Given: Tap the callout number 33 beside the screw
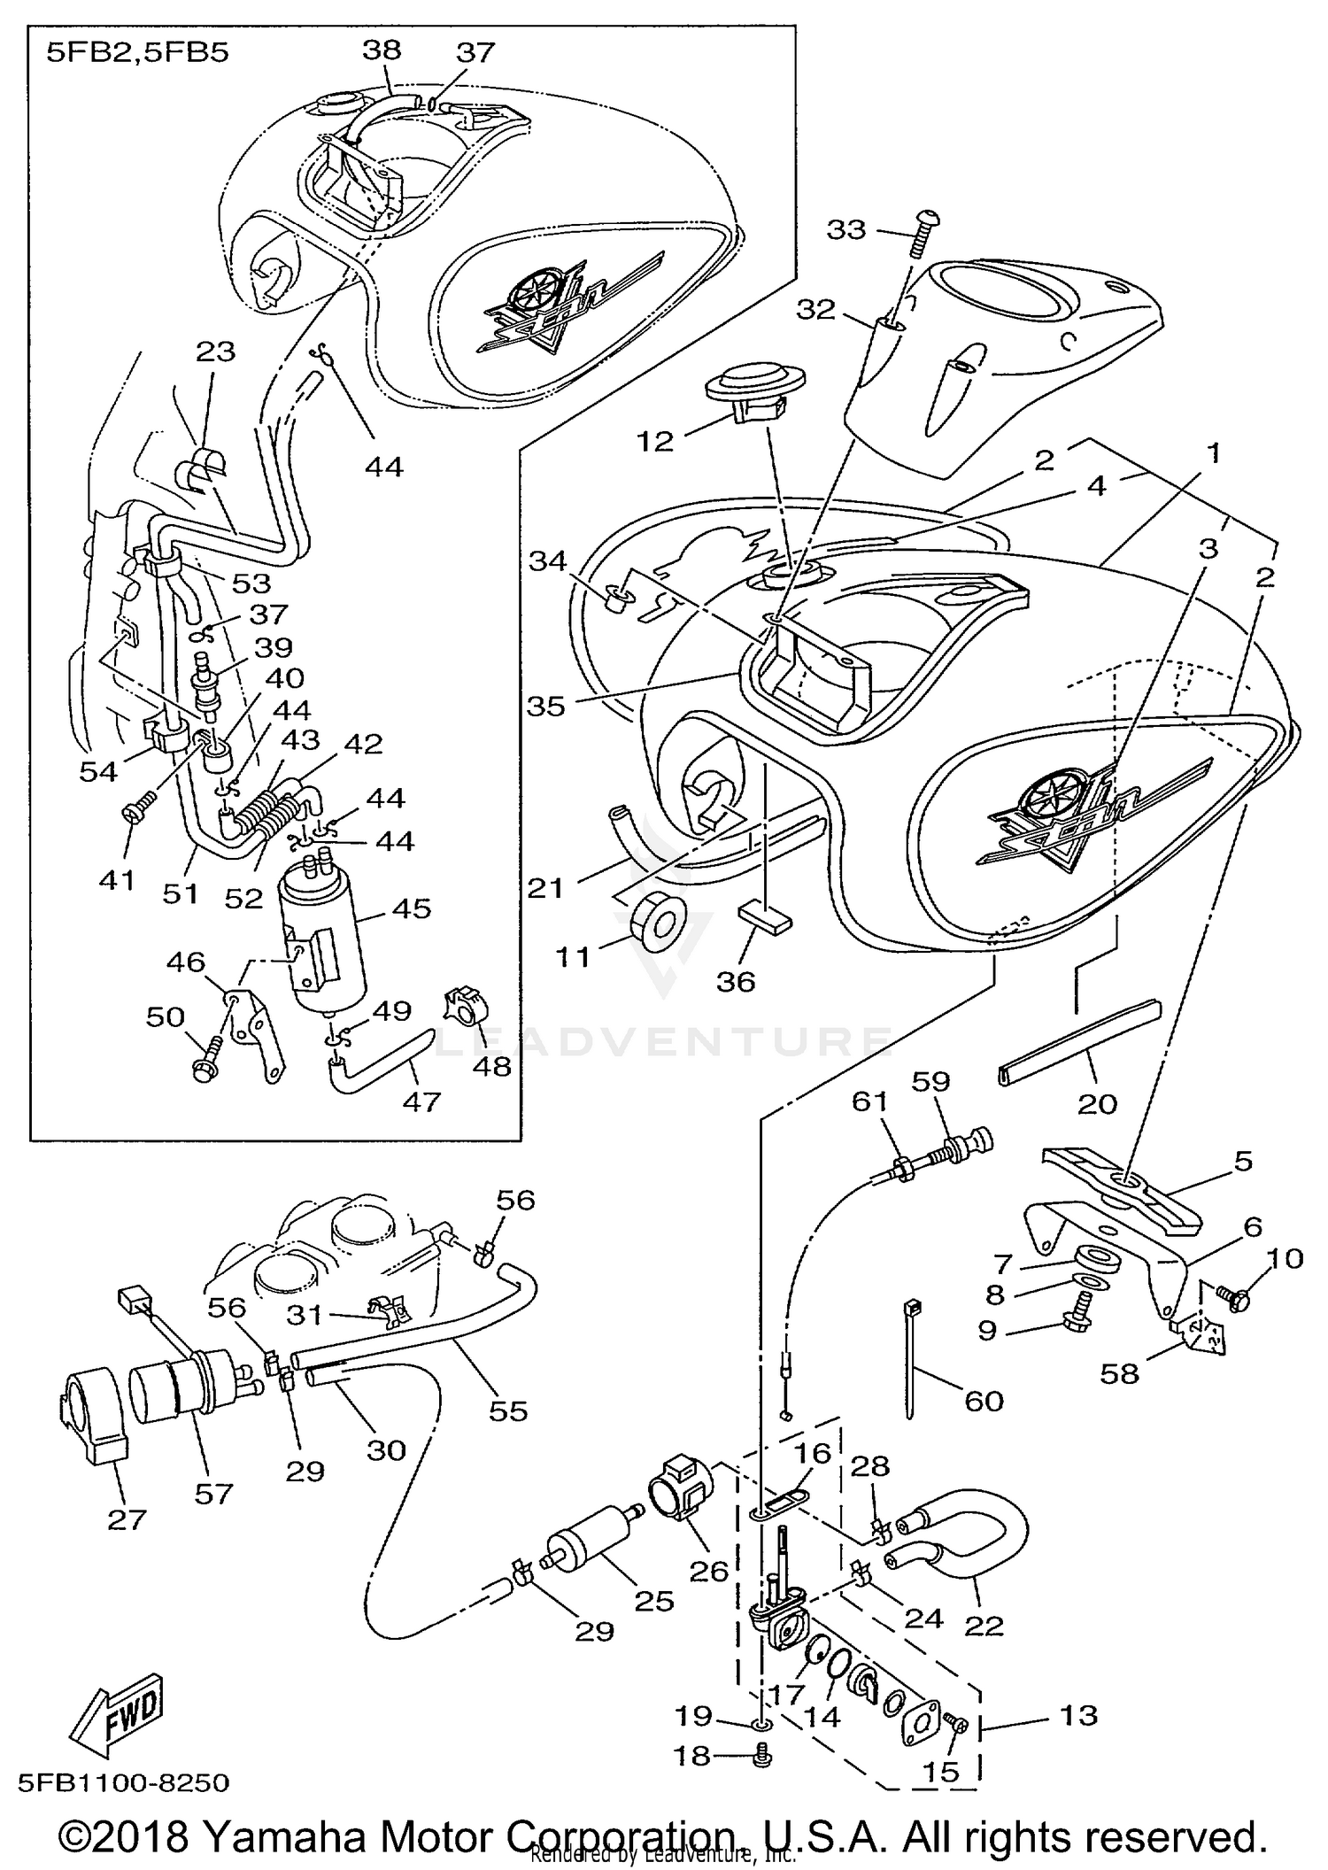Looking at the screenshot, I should tap(845, 229).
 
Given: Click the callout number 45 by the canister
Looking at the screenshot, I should tap(412, 908).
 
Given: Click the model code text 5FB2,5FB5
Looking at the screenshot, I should tap(137, 52).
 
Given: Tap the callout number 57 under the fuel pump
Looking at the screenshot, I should tap(213, 1494).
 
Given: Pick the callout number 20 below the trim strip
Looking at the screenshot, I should tap(1097, 1103).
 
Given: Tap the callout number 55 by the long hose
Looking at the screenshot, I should tap(508, 1410).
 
